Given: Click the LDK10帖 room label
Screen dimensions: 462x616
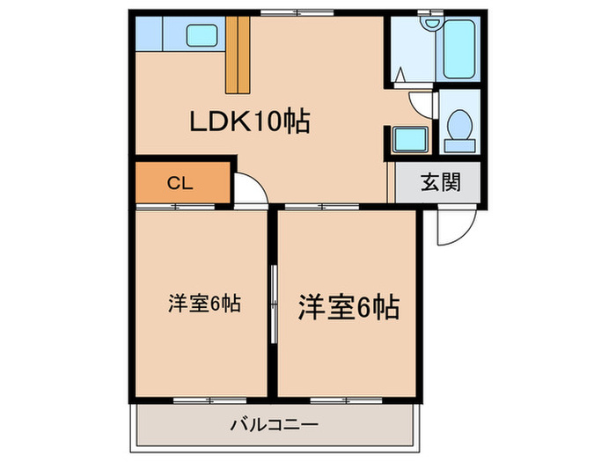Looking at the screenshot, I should point(250,122).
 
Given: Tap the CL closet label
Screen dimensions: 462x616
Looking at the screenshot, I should point(180,183).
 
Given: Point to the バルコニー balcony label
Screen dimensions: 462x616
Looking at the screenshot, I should point(274,425).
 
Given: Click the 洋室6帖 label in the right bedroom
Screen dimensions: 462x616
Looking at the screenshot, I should point(349,307).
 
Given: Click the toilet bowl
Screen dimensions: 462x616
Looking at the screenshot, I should point(458,123).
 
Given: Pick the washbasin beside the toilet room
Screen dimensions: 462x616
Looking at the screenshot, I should point(409,139).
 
